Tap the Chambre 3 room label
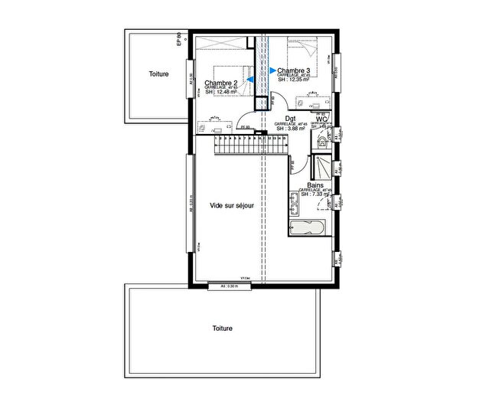(x=294, y=71)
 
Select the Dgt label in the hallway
(x=291, y=119)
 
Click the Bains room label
(x=314, y=185)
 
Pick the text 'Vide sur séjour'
(x=232, y=206)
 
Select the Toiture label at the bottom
(x=223, y=328)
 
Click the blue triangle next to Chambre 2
(x=249, y=79)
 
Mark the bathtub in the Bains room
(x=308, y=227)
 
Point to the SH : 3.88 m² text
(x=291, y=129)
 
